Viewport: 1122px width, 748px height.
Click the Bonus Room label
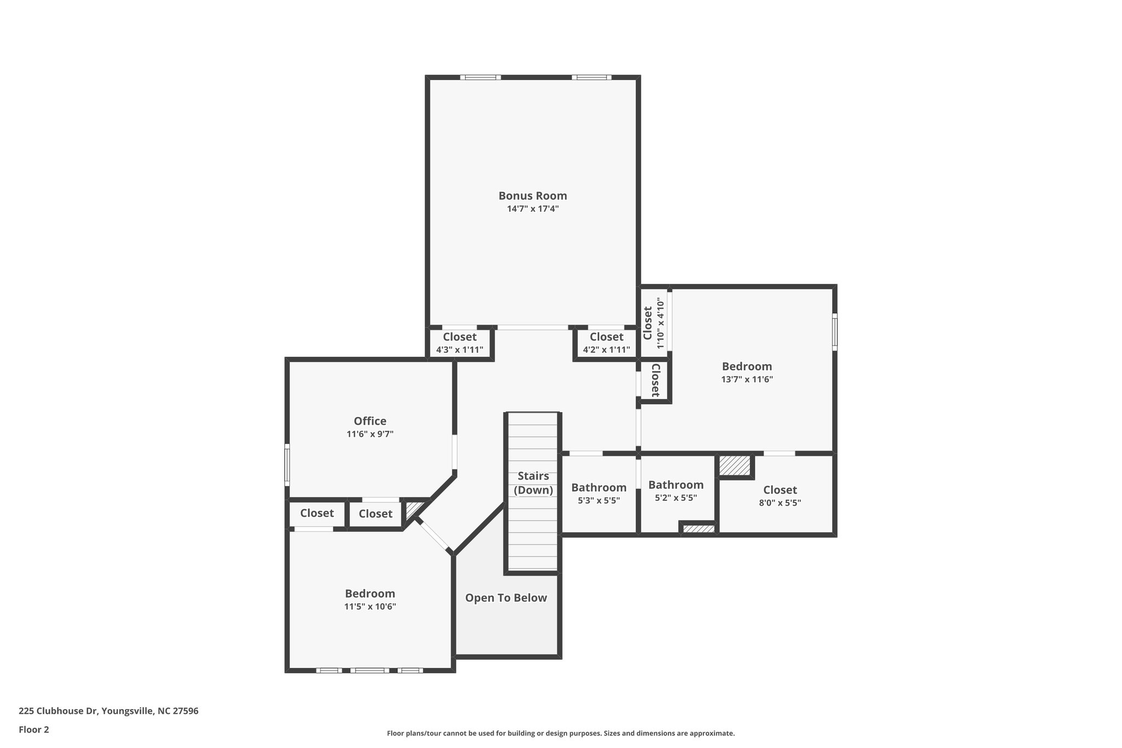[532, 196]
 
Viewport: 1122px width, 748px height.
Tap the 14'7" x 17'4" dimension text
[532, 209]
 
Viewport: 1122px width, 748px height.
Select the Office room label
[370, 421]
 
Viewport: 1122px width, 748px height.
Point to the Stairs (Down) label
[533, 483]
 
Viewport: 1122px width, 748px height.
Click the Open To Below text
[506, 598]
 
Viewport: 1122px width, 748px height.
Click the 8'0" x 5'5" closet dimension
[780, 503]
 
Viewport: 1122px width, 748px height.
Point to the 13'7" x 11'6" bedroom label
[747, 373]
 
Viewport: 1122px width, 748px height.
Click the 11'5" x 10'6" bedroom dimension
[370, 607]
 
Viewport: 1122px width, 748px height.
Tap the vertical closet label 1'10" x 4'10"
[654, 323]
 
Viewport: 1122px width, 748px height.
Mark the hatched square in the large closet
[734, 466]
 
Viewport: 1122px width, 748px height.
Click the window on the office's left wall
[287, 465]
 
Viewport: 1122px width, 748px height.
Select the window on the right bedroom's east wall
[834, 332]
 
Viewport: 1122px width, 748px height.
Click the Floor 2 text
[34, 729]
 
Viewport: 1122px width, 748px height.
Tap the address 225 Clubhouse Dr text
[108, 711]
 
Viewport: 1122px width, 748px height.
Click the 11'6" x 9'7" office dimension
[370, 434]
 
